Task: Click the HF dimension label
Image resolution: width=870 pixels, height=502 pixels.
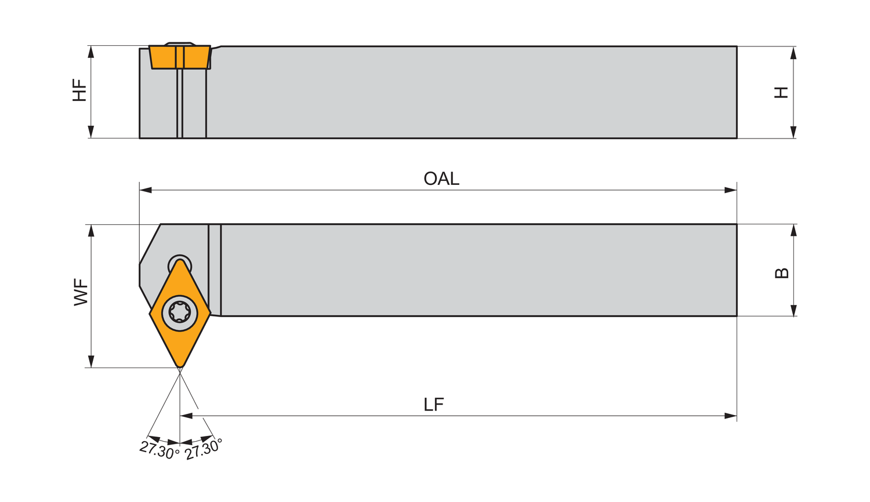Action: coord(79,91)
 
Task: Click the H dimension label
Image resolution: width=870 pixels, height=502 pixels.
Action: coord(781,92)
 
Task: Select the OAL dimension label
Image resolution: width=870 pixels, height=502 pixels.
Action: coord(441,179)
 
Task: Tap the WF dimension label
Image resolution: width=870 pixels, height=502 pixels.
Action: coord(81,292)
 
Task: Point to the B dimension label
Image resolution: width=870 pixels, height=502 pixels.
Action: coord(782,272)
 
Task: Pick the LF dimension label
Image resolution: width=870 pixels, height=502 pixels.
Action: coord(434,404)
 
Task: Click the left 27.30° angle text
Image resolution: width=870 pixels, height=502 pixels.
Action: coord(159,450)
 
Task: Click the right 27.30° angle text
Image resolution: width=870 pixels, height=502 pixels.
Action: coord(204,449)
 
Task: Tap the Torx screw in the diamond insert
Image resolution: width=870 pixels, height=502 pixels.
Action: coord(180,312)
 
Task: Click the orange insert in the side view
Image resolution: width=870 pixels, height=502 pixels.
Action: coord(180,57)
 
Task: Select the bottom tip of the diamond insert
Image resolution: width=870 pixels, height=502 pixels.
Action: coord(180,366)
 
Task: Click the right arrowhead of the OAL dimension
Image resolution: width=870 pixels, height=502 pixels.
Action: coord(731,190)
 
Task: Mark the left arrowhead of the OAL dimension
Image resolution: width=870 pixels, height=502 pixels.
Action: coord(146,190)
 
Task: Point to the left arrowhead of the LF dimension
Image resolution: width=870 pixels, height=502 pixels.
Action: coord(186,416)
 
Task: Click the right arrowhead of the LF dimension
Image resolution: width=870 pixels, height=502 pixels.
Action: coord(731,416)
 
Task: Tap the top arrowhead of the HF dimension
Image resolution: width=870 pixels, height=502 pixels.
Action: coord(91,52)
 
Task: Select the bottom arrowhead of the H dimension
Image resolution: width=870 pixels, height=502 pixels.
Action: coord(793,132)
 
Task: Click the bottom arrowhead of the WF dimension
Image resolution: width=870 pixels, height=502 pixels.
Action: coord(91,361)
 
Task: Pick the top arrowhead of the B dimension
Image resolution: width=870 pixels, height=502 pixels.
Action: coord(793,230)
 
